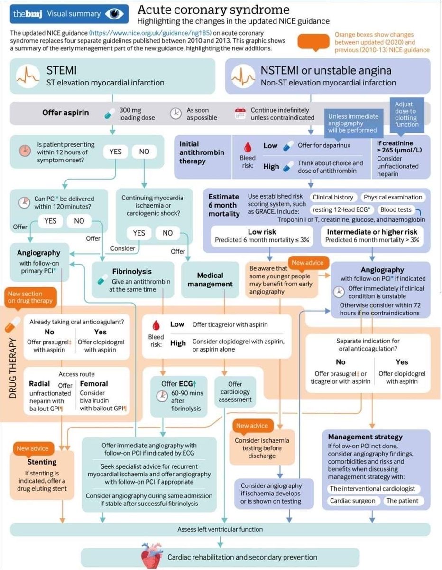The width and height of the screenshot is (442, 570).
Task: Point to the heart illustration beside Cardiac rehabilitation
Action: tap(152, 556)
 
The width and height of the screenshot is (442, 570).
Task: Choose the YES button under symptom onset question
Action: tap(115, 152)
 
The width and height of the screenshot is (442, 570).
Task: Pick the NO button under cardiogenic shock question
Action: tap(167, 233)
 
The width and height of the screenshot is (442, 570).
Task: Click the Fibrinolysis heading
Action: tap(132, 271)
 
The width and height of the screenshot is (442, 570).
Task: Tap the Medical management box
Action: tap(210, 279)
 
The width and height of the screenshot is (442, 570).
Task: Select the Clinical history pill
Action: tap(333, 197)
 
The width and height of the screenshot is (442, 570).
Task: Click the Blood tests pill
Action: tap(396, 209)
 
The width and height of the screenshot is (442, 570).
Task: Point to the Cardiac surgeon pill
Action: tap(353, 501)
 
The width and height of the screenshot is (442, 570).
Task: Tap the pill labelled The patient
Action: tap(402, 501)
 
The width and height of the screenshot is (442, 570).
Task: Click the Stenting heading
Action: tap(42, 461)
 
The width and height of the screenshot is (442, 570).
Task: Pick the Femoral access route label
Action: tap(94, 383)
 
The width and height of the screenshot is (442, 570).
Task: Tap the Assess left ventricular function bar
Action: tap(220, 529)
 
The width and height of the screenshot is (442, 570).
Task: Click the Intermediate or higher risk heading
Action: tap(372, 232)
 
